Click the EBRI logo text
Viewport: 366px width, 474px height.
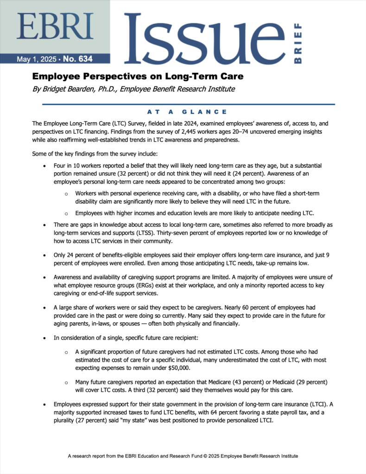55,27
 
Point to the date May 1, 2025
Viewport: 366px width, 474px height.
36,59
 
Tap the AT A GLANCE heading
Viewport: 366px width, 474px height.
187,112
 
